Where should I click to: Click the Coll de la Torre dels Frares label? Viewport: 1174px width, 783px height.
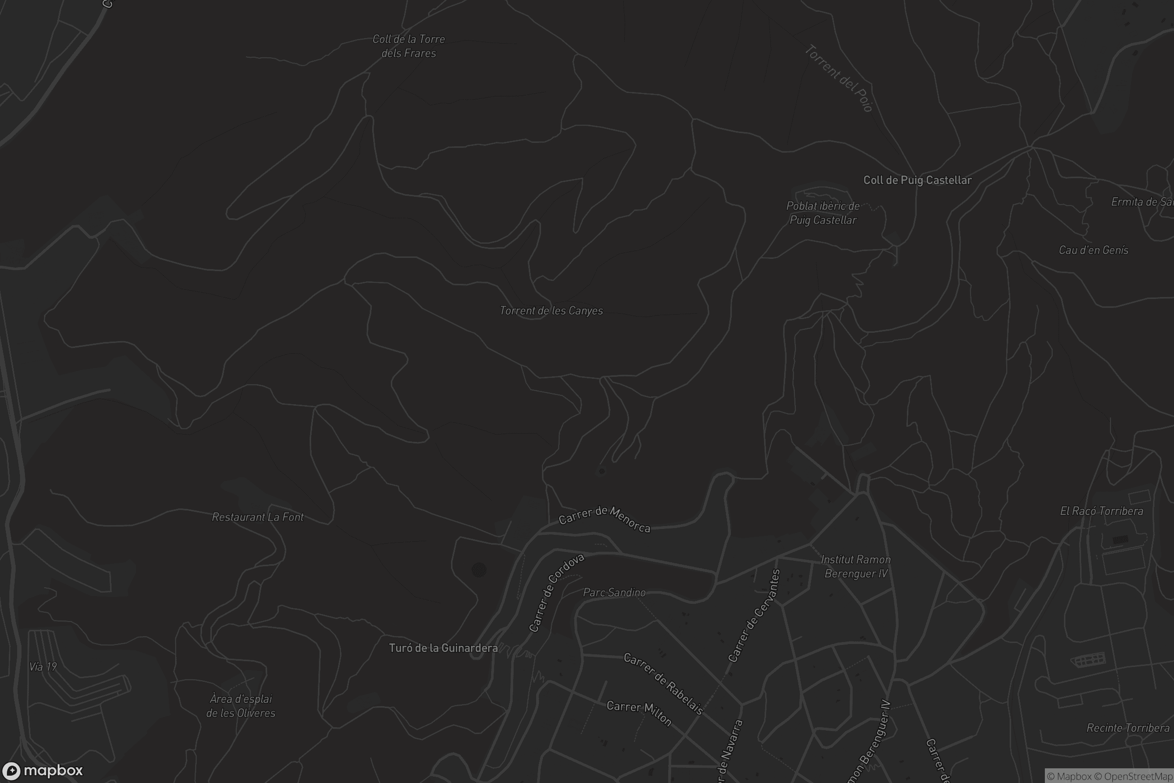pyautogui.click(x=408, y=46)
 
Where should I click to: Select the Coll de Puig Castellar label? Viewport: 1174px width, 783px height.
pyautogui.click(x=918, y=180)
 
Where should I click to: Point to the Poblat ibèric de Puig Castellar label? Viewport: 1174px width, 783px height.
pyautogui.click(x=823, y=213)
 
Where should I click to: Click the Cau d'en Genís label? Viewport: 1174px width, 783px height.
pyautogui.click(x=1093, y=250)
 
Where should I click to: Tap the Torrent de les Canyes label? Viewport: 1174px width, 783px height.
pyautogui.click(x=551, y=311)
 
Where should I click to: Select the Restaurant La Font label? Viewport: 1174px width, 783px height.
pyautogui.click(x=258, y=517)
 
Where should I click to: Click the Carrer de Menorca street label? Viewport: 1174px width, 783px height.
pyautogui.click(x=605, y=519)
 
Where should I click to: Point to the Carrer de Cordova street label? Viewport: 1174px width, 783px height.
pyautogui.click(x=556, y=592)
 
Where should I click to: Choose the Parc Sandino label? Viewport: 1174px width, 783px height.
pyautogui.click(x=614, y=592)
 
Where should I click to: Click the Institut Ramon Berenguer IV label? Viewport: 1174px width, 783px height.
pyautogui.click(x=856, y=566)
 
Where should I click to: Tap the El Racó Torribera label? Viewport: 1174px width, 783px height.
pyautogui.click(x=1101, y=511)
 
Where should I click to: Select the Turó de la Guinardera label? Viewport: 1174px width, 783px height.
pyautogui.click(x=443, y=647)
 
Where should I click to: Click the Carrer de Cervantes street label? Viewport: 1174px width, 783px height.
pyautogui.click(x=754, y=616)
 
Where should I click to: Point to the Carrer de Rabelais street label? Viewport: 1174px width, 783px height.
pyautogui.click(x=663, y=683)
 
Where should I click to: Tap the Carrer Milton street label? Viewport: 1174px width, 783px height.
pyautogui.click(x=639, y=712)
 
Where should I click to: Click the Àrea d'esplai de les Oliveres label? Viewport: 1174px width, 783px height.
pyautogui.click(x=241, y=706)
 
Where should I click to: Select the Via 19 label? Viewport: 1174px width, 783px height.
pyautogui.click(x=43, y=667)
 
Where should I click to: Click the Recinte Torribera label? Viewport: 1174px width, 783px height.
pyautogui.click(x=1128, y=728)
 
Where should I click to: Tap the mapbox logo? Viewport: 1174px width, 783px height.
pyautogui.click(x=42, y=770)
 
